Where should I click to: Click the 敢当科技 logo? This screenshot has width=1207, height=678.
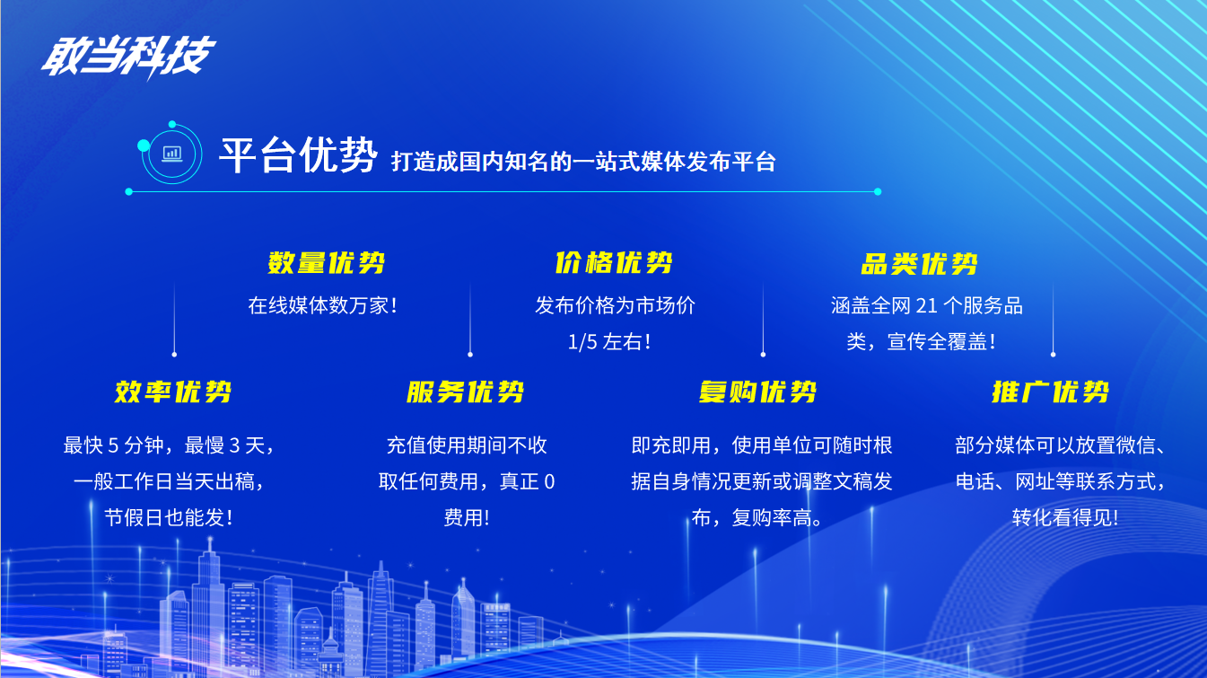click(x=128, y=57)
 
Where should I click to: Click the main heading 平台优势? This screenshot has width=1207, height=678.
click(x=297, y=155)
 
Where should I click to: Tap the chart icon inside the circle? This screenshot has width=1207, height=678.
click(x=172, y=154)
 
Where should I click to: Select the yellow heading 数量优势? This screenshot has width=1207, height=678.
click(x=326, y=263)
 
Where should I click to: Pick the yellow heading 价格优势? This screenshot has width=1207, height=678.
click(x=614, y=263)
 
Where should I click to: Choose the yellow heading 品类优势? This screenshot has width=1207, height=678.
click(x=919, y=264)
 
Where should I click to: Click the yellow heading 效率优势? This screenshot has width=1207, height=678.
click(x=173, y=392)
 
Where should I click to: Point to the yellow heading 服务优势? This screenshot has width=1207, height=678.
click(x=466, y=392)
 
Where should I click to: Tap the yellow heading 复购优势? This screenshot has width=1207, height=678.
click(x=757, y=392)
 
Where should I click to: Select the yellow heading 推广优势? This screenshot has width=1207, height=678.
click(x=1050, y=392)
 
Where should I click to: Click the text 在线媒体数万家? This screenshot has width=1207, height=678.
click(x=323, y=306)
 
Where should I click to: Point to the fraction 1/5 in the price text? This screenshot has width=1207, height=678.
click(x=582, y=342)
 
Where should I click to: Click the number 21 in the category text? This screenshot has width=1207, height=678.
click(x=927, y=306)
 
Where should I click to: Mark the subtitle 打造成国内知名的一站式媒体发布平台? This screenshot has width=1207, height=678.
click(x=583, y=162)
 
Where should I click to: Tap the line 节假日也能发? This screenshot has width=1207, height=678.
click(x=168, y=518)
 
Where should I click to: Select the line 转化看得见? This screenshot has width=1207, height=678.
click(x=1065, y=518)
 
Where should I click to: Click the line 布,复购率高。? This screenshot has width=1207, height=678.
click(x=757, y=518)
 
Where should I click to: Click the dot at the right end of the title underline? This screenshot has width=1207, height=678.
click(x=878, y=191)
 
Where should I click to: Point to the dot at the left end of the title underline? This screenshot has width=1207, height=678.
click(x=129, y=191)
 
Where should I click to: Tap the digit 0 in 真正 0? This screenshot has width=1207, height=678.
click(x=549, y=481)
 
